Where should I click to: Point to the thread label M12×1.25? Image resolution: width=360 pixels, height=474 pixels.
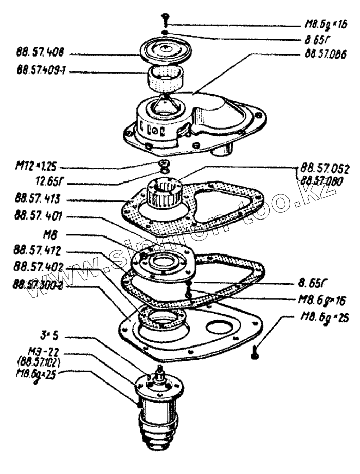click(34, 167)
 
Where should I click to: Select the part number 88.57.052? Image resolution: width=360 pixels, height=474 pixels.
click(326, 168)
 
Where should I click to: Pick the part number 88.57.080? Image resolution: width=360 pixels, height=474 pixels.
click(326, 180)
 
